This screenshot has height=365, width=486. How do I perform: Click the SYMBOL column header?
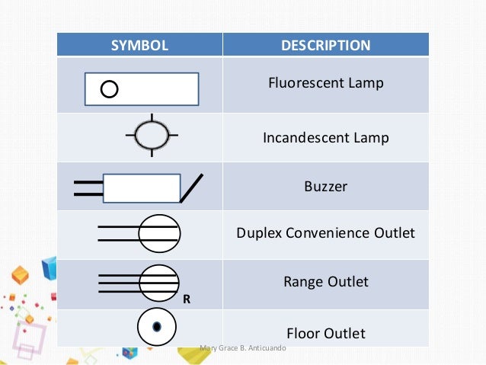139,45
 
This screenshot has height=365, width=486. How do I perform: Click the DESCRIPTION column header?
325,45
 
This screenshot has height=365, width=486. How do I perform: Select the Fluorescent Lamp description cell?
325,83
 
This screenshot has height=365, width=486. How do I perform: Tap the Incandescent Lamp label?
325,138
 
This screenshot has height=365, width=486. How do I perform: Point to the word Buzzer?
325,186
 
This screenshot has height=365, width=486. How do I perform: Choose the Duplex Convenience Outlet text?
325,232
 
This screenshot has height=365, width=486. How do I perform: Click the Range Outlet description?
325,282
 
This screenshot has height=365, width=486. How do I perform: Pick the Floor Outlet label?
325,333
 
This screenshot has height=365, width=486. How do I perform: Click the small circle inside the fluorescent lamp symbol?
109,90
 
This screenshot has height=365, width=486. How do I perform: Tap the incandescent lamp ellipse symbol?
152,136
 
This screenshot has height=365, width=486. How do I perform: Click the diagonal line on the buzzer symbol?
191,188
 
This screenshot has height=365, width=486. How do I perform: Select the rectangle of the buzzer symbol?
141,188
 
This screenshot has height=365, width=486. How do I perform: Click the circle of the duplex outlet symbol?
158,231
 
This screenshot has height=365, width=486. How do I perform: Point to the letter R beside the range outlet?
186,300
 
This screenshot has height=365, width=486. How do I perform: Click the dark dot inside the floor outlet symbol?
156,327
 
